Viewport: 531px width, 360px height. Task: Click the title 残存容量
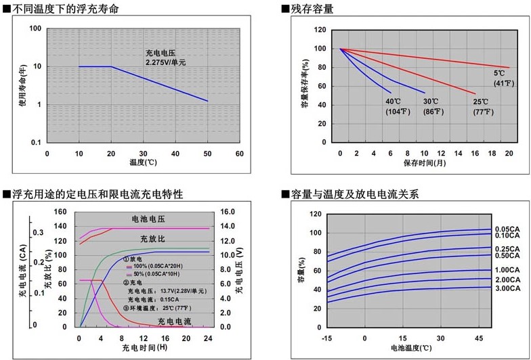click(312, 8)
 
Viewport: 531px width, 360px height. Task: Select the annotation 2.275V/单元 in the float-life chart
click(165, 62)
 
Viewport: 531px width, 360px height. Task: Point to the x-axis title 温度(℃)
click(143, 163)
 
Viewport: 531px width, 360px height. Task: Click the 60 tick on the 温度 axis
click(239, 154)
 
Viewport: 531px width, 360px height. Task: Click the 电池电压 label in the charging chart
click(148, 220)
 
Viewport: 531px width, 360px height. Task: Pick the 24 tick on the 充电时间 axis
click(208, 338)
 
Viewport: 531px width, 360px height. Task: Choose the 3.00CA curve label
click(508, 288)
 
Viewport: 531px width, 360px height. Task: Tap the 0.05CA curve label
click(508, 229)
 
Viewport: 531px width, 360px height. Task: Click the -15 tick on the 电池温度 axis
click(326, 337)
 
